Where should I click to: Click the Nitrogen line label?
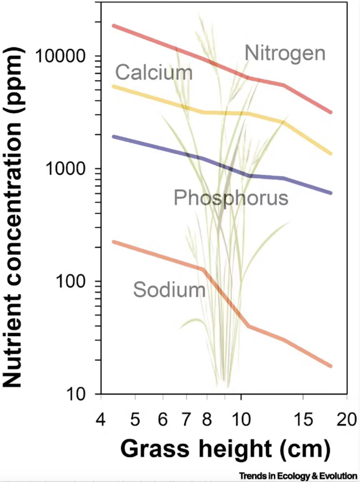point(285,53)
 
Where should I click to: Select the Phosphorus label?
point(231,198)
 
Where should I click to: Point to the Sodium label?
point(169,289)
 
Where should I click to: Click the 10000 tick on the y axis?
point(64,56)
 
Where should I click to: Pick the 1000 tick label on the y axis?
point(69,169)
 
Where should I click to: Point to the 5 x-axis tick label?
point(135,417)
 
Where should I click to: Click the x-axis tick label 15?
point(302,417)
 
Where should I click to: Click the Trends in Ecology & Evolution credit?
point(298,475)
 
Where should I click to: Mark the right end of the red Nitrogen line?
point(331,112)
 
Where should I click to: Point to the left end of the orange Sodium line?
point(113,241)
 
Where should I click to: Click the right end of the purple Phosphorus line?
point(331,193)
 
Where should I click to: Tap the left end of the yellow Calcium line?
point(113,86)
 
